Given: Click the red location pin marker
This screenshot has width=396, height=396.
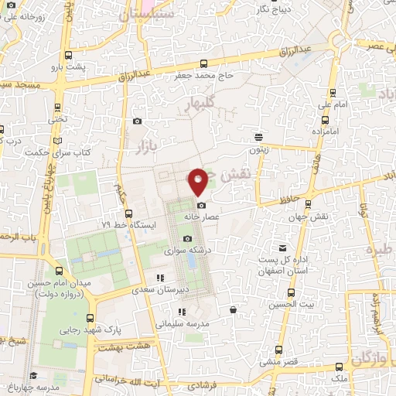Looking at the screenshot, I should pos(198,181).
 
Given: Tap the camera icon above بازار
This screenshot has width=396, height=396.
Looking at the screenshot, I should pos(138,121).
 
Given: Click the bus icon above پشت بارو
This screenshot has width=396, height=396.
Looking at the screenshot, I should pos(69,55).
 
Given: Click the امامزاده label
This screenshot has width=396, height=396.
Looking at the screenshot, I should pos(326,131).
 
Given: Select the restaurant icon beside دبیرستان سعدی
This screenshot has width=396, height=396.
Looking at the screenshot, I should pos(159,278).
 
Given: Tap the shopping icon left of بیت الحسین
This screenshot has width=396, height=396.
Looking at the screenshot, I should pos(233,310).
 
